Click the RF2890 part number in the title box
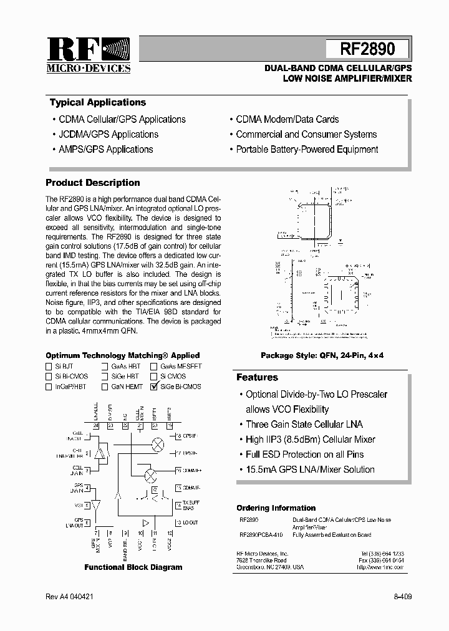click(x=367, y=49)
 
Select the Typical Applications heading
click(x=97, y=103)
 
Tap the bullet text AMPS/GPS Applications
click(x=105, y=150)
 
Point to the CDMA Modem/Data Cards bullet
click(x=287, y=119)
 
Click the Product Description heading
click(x=93, y=183)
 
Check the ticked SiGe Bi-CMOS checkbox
click(x=153, y=387)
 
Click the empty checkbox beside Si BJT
click(x=49, y=367)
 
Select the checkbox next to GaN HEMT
click(x=105, y=387)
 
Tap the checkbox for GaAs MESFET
click(x=153, y=367)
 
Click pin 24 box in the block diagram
click(x=96, y=426)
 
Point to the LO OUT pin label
click(x=190, y=523)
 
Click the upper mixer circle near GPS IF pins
click(x=158, y=444)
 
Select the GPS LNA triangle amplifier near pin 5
click(x=96, y=505)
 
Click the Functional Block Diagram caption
click(x=133, y=567)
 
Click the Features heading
click(x=257, y=377)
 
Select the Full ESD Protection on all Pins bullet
click(x=304, y=455)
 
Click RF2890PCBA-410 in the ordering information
click(x=261, y=535)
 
